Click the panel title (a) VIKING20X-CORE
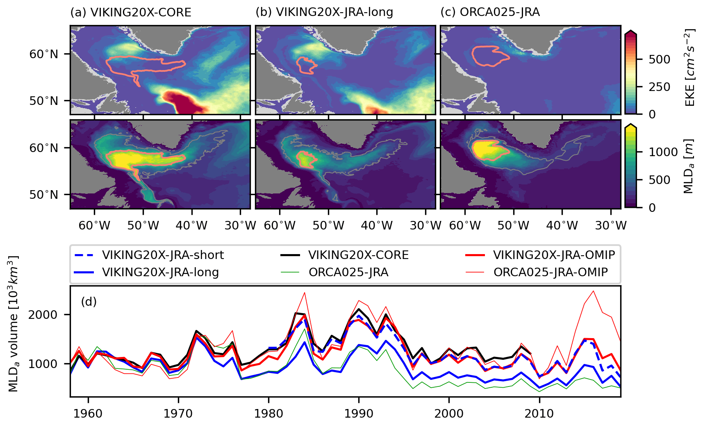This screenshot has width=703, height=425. pos(131,12)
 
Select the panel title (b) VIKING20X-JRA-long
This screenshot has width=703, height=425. pos(324,12)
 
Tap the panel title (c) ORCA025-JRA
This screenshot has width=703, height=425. pos(490,12)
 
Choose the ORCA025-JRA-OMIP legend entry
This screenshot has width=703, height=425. pos(551,273)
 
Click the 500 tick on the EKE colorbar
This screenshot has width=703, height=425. pos(660,59)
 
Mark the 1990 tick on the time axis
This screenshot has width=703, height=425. pos(359,413)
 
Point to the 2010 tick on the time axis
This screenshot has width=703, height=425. pos(539,413)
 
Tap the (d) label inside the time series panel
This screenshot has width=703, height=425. pos(89,302)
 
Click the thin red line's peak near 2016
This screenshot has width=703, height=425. pos(593,291)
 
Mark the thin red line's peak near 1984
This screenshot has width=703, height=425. pos(305,293)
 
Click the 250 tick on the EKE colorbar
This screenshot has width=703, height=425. pos(660,87)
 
